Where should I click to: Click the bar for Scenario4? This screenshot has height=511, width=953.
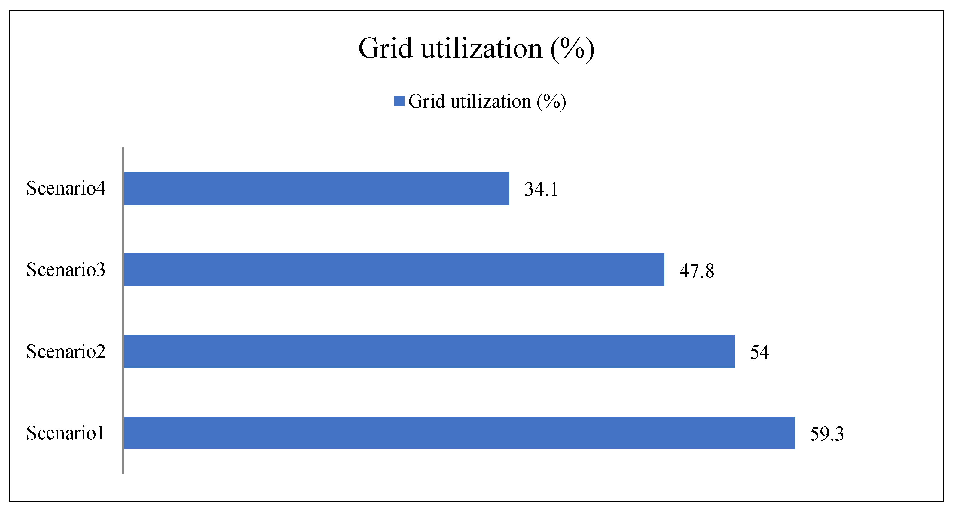click(316, 188)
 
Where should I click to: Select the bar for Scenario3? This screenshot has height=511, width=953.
click(394, 269)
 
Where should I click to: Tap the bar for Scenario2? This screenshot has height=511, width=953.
click(429, 351)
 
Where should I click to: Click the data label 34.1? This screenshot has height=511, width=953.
click(541, 189)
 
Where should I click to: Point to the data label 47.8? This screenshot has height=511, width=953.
click(696, 271)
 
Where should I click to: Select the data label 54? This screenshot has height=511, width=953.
click(759, 352)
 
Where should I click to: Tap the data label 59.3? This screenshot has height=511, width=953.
click(826, 434)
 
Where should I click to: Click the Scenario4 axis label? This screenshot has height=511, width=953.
click(66, 188)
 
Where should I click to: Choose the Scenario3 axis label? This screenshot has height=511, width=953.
click(66, 269)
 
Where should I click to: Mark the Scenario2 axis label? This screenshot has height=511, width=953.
click(66, 351)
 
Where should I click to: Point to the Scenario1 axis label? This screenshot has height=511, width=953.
click(66, 433)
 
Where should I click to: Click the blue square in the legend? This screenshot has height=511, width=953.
click(399, 101)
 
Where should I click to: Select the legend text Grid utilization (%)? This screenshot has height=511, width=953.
click(487, 101)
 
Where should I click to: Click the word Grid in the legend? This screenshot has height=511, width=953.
click(426, 101)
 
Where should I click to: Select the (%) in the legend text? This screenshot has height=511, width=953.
click(551, 101)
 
